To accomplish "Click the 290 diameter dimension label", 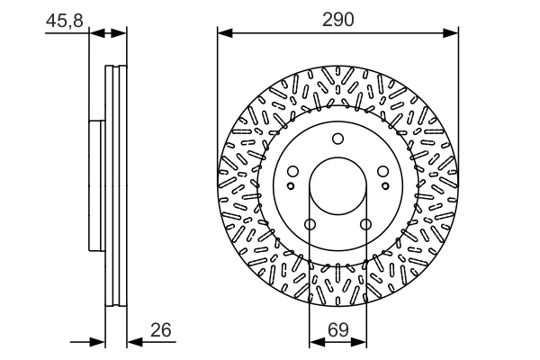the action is tap(337, 20).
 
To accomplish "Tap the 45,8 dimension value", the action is tap(65, 21).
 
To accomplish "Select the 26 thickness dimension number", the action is tap(161, 330).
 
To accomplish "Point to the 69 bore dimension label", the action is tap(337, 329).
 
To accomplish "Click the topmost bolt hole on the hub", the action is tap(337, 139).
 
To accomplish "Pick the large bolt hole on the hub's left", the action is tap(292, 171).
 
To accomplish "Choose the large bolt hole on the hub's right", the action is tap(383, 171).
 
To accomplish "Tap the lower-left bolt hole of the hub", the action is tap(310, 225).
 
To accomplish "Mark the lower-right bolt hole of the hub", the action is tap(365, 225).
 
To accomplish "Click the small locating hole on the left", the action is tap(291, 186).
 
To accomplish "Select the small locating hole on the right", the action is tap(385, 186).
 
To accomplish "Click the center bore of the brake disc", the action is tap(337, 185).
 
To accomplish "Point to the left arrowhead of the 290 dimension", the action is tap(225, 33).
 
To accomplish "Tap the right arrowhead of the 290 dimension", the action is tap(451, 33).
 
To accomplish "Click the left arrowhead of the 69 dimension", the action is tap(317, 342).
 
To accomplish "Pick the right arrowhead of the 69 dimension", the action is tap(359, 342).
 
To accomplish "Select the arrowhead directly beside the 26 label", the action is tap(135, 342).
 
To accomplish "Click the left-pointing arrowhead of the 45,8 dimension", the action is tap(97, 33).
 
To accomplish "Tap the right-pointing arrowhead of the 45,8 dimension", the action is tap(119, 33).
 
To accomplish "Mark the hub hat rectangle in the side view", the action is tap(97, 185).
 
